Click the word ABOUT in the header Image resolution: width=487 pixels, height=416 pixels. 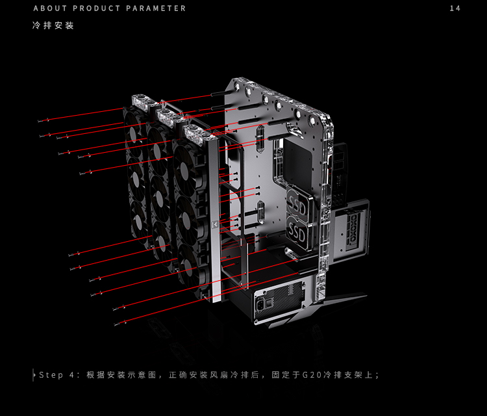50,8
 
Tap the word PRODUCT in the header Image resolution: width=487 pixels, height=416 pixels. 96,8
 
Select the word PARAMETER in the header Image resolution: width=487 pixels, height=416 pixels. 156,8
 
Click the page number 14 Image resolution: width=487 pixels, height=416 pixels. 455,8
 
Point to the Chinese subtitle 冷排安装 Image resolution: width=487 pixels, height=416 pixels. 53,25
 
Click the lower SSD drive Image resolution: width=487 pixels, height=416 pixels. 297,233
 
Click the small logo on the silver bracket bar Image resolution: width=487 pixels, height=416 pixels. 215,224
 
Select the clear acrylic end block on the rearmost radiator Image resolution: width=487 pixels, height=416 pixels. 142,102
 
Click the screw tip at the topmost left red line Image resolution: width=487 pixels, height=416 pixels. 43,120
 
